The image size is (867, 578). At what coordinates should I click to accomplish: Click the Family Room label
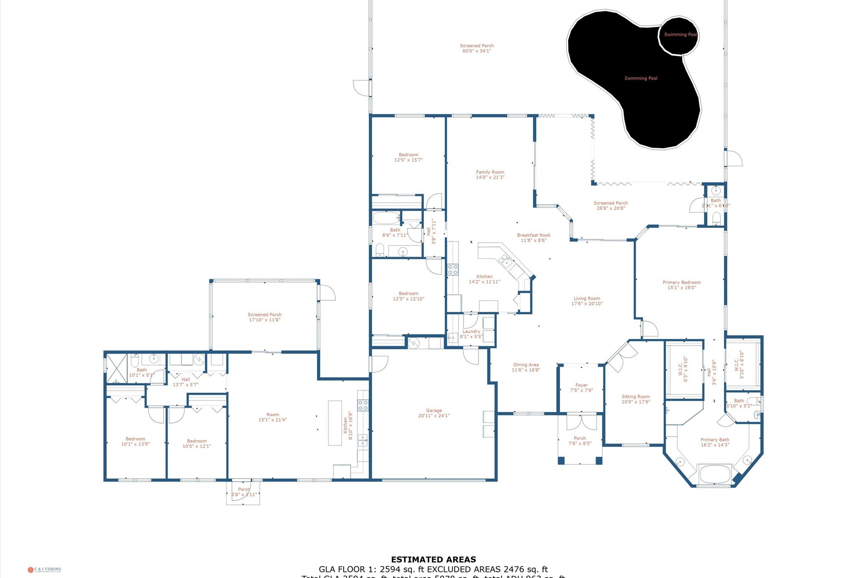coord(490,172)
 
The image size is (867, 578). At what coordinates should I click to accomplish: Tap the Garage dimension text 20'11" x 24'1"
coord(433,416)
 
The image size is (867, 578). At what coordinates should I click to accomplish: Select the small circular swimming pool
coord(679,36)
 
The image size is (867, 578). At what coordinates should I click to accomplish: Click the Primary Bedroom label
coord(682,282)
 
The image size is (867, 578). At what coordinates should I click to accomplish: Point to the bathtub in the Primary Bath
coord(715,474)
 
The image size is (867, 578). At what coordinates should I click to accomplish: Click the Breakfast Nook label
coord(533,235)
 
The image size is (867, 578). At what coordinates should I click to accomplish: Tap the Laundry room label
coord(471,332)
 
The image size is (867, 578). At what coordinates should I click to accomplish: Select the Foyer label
coord(581,385)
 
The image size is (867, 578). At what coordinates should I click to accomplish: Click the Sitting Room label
coord(635,397)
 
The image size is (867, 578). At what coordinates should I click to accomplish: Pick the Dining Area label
coord(526,365)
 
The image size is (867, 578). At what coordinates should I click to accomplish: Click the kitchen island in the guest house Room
coord(335,423)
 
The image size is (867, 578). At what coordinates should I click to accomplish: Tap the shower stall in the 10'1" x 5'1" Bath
coord(116,366)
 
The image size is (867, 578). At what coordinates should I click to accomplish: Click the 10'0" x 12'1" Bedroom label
coord(196,441)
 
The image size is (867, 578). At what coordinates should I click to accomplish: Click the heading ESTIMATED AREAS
coord(433,560)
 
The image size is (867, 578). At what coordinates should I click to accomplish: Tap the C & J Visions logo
coord(44,570)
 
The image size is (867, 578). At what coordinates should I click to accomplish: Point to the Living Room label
coord(587,299)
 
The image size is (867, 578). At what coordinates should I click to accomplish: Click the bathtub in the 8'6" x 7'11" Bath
coord(386,218)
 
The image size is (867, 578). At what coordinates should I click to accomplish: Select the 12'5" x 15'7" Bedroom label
coord(408,155)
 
